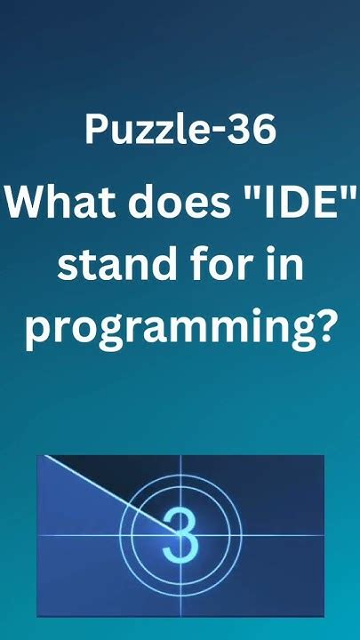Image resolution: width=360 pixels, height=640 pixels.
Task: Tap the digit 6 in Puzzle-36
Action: [x=264, y=130]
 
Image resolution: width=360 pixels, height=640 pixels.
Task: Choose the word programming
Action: [x=169, y=331]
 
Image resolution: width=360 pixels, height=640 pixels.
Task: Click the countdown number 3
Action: [x=180, y=534]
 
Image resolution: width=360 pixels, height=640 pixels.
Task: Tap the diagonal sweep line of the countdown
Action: [x=107, y=494]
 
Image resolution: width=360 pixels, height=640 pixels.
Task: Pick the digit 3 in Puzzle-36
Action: [x=243, y=130]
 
